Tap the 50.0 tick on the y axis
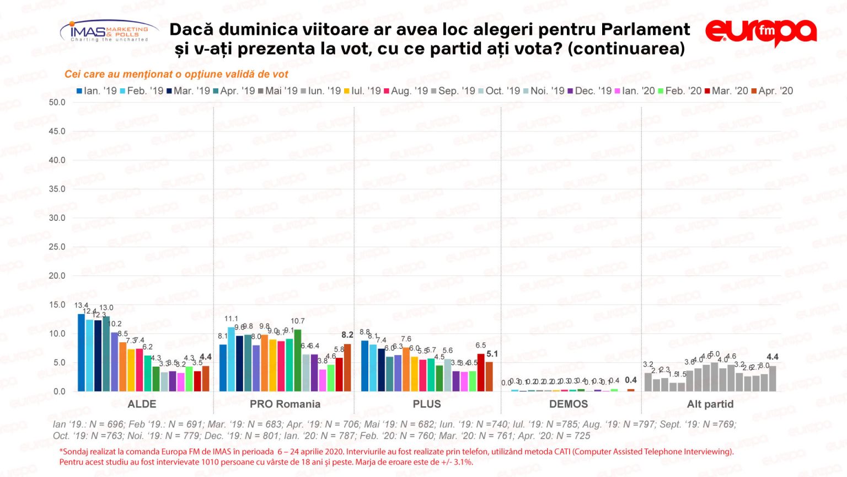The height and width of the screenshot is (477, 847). pyautogui.click(x=57, y=102)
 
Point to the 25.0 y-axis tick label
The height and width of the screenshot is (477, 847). pyautogui.click(x=57, y=247)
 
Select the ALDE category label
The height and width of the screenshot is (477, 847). pyautogui.click(x=142, y=404)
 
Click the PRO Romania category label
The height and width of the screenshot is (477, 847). pyautogui.click(x=285, y=404)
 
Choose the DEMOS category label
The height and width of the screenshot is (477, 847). pyautogui.click(x=568, y=404)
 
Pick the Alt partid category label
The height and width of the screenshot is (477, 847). pyautogui.click(x=710, y=404)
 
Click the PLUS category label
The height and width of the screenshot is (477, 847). pyautogui.click(x=427, y=404)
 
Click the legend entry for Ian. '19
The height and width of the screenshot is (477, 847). pyautogui.click(x=97, y=91)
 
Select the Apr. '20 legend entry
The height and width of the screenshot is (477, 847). pyautogui.click(x=772, y=91)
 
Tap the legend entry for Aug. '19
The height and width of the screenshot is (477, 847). pyautogui.click(x=405, y=91)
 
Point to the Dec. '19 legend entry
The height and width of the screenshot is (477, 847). pyautogui.click(x=589, y=91)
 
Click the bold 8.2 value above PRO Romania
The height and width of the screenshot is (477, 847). pyautogui.click(x=347, y=335)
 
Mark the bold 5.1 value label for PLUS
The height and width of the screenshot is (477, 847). pyautogui.click(x=492, y=354)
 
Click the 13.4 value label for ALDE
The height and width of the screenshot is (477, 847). pyautogui.click(x=81, y=305)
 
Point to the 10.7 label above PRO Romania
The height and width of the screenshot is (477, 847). pyautogui.click(x=298, y=321)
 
